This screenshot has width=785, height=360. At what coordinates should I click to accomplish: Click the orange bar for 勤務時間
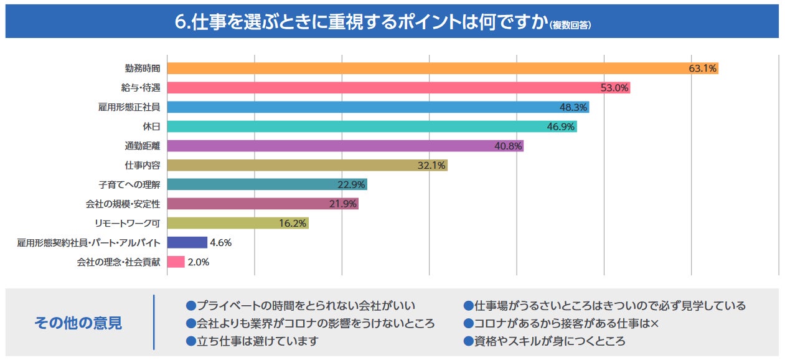[442, 69]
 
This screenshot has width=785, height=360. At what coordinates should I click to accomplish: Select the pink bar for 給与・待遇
[398, 88]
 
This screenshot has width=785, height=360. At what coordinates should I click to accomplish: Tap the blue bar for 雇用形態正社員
[378, 107]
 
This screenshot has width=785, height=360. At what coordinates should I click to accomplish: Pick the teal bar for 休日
[372, 126]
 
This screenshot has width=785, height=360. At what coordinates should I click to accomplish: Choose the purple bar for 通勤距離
[345, 146]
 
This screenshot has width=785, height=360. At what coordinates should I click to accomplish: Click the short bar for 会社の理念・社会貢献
[176, 262]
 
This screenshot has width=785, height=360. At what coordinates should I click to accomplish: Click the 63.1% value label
[703, 69]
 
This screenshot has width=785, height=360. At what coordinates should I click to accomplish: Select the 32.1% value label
[432, 166]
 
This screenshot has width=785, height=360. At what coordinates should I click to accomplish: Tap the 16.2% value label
[293, 224]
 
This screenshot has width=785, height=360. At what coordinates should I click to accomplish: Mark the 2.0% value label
[199, 262]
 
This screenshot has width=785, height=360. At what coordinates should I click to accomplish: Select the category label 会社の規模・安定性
[123, 204]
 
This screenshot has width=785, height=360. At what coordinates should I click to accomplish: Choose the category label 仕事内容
[143, 166]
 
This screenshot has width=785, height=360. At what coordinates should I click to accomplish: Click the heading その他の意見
[78, 323]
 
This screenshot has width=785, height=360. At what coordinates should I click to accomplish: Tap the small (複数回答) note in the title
[570, 24]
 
